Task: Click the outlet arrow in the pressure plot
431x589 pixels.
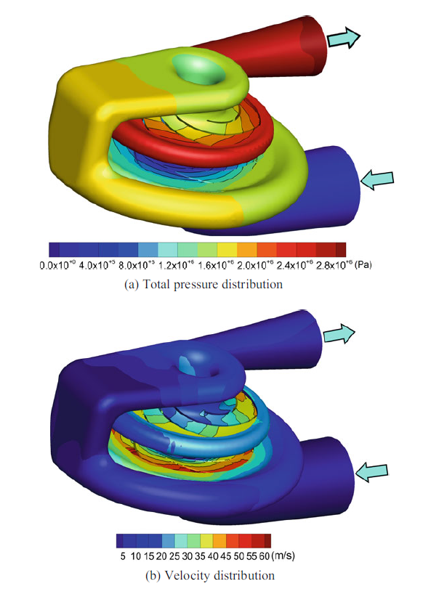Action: [x=344, y=38]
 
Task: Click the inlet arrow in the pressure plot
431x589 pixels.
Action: [x=377, y=179]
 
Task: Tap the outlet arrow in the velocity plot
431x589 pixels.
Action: [x=339, y=333]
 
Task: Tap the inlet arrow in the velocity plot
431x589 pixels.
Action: [x=371, y=471]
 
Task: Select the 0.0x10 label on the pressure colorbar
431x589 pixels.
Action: [x=58, y=265]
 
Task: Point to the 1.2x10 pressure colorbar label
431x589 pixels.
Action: [x=176, y=265]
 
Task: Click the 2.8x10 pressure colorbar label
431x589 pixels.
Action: [x=334, y=265]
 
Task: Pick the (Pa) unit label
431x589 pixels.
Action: [x=363, y=265]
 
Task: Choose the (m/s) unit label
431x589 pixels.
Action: [x=283, y=555]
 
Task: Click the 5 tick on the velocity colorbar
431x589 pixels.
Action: [x=123, y=556]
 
